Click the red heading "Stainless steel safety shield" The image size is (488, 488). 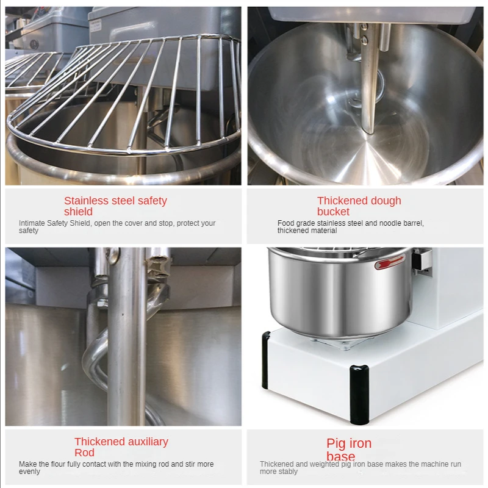point(115,206)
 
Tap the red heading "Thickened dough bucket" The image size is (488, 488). point(359,206)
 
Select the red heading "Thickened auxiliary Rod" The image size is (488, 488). point(121,447)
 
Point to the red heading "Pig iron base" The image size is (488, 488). point(348,450)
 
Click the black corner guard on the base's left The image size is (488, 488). point(266,360)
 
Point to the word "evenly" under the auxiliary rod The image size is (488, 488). point(29,472)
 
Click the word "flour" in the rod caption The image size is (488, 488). point(64,464)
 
